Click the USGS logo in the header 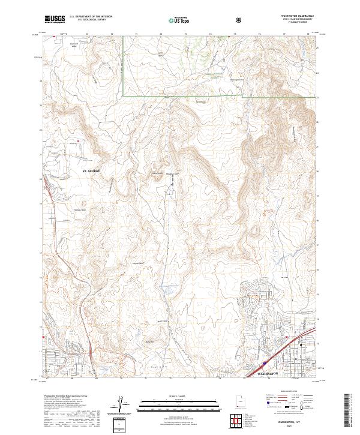click(55, 20)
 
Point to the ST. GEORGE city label click(91, 171)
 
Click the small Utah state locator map click(241, 406)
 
